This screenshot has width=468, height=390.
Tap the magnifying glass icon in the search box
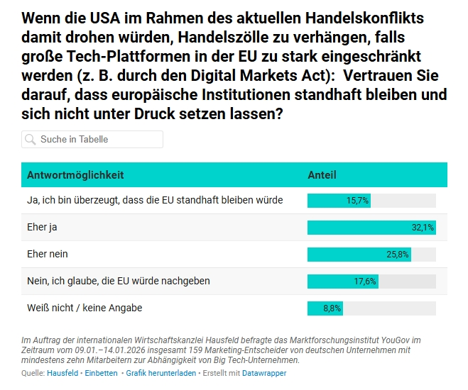31,140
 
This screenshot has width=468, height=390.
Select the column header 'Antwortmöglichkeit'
75,174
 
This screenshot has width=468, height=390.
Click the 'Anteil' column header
322,174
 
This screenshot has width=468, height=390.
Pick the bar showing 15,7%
339,201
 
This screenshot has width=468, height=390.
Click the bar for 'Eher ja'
371,228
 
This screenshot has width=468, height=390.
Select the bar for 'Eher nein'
359,255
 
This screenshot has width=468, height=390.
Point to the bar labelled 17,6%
342,282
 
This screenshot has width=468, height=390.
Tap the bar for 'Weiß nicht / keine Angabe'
325,308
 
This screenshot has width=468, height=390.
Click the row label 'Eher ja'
42,227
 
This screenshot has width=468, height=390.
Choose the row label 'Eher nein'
48,254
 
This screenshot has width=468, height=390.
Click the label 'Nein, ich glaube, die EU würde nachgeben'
118,281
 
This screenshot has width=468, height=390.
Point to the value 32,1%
423,228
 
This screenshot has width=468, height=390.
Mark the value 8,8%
332,308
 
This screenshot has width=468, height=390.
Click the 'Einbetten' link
102,373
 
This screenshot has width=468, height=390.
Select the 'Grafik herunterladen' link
161,373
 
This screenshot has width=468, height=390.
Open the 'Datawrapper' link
264,373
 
